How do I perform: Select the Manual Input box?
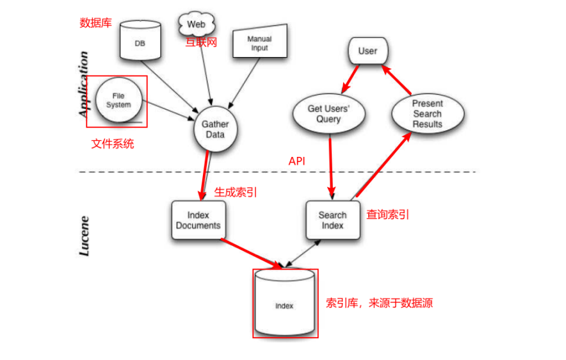(259, 43)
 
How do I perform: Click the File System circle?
(118, 101)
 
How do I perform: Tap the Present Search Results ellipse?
(427, 113)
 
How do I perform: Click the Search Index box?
(332, 220)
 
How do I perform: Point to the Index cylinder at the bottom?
(284, 304)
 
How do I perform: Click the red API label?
(296, 161)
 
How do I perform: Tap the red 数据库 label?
(95, 23)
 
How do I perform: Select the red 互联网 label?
(202, 43)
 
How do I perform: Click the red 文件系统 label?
(113, 144)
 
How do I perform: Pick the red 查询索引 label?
(387, 215)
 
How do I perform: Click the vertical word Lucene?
(84, 236)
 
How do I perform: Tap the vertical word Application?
(83, 83)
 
